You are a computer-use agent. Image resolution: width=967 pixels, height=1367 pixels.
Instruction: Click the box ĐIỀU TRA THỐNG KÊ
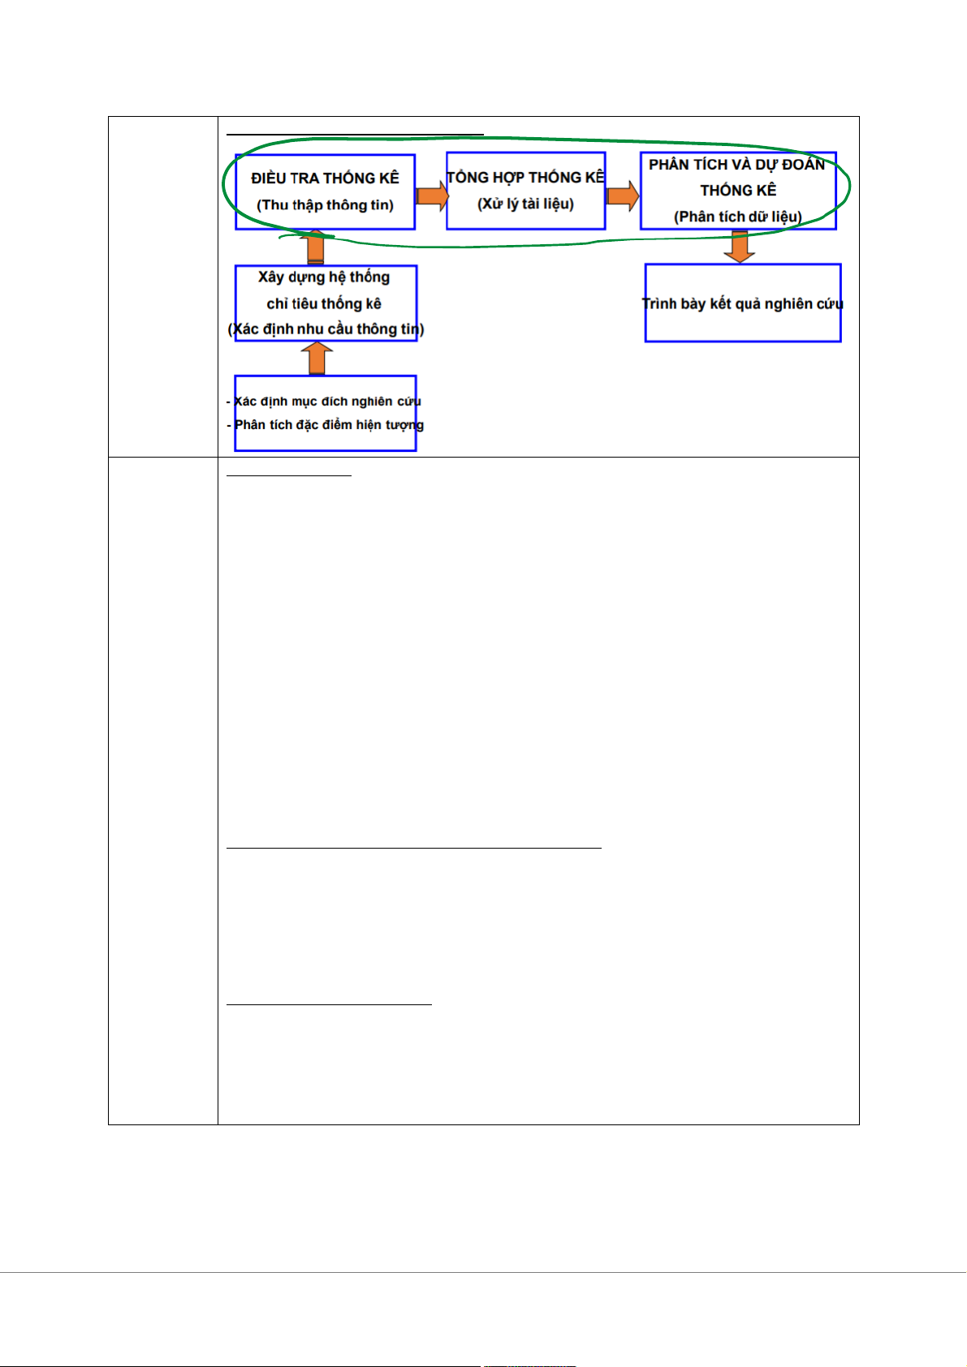pos(325,191)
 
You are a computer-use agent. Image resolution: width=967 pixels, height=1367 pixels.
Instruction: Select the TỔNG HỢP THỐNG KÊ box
pos(526,191)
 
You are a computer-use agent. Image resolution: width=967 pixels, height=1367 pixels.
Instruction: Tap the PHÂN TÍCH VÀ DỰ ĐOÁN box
pos(737,191)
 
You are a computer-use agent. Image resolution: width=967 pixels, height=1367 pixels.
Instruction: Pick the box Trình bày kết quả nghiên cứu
pos(742,303)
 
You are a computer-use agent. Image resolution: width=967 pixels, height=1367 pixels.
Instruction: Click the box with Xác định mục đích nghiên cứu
pos(325,413)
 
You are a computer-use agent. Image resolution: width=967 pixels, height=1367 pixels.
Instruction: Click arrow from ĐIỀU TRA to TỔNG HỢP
pos(432,196)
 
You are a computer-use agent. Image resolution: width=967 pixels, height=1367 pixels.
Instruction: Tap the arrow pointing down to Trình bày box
pos(740,247)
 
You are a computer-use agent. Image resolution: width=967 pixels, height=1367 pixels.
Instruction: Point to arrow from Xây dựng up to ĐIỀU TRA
pos(315,247)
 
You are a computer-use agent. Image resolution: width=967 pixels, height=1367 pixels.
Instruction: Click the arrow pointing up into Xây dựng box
pos(317,358)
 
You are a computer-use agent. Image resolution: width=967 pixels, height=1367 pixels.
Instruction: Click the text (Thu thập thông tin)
pos(325,205)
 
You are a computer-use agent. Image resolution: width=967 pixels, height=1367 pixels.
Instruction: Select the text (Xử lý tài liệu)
pos(525,204)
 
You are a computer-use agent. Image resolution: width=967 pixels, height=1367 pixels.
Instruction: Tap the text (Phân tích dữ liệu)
pos(737,217)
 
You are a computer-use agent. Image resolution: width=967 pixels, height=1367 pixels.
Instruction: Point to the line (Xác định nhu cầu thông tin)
pos(326,329)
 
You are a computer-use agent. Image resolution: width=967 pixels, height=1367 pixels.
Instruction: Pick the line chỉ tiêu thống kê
pos(324,304)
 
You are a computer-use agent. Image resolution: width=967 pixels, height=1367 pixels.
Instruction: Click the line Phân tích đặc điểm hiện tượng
pos(328,425)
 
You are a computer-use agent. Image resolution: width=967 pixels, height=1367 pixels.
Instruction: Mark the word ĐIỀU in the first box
pos(268,178)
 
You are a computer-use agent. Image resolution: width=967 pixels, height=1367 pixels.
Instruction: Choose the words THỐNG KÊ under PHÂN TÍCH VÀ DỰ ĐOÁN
pos(738,191)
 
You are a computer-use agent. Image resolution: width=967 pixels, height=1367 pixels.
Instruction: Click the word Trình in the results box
pos(659,304)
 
